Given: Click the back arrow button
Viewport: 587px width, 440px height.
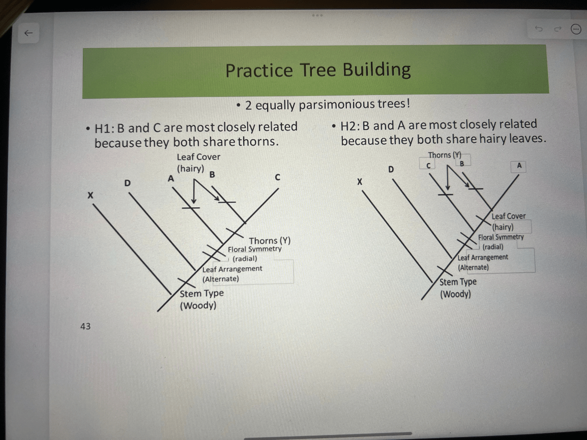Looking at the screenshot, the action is coord(28,33).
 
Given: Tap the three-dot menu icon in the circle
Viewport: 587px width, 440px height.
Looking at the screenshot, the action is coord(576,29).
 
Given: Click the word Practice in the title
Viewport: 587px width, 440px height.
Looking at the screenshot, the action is coord(259,70).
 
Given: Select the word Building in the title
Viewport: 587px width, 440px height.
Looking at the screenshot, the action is coord(376,70).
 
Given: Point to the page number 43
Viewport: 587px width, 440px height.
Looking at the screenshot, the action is coord(85,326).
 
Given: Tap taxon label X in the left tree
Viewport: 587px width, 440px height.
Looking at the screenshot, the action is coord(90,195).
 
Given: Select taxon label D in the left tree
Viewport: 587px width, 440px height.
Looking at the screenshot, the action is coord(128,183).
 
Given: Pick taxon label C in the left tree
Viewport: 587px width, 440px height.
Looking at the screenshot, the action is coord(277,177).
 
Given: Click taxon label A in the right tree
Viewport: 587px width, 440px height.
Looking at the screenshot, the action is coord(519,166).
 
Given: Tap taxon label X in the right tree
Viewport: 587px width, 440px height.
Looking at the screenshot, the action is coord(360,182).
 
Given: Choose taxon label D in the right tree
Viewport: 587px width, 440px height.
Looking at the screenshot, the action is coord(391,169).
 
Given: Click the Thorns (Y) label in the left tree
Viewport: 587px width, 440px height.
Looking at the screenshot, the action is coord(270,240).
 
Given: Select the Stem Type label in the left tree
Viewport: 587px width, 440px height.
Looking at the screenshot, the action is coord(202,294).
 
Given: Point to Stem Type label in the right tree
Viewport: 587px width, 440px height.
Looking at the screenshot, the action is coord(458,282).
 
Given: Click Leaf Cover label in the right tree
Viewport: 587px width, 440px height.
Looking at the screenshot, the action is coord(508,216).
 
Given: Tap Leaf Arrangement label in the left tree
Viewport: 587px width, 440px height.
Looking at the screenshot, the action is coord(232,269).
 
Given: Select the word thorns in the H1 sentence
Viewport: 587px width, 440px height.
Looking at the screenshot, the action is coord(258,142).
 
